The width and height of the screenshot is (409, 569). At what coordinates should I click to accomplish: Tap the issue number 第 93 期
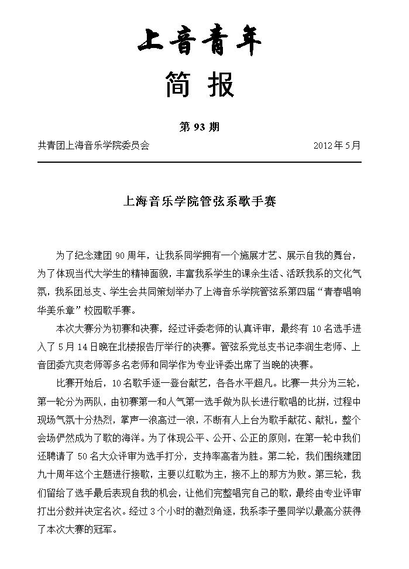coord(199,127)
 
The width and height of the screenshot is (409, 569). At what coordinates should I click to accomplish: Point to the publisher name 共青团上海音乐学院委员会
coord(94,145)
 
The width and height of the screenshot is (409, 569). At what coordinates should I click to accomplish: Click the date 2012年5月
coord(337,145)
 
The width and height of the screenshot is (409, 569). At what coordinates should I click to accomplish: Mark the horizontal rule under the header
coord(199,162)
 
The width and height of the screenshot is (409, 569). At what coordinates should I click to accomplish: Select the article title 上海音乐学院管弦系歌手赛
coord(200,202)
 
